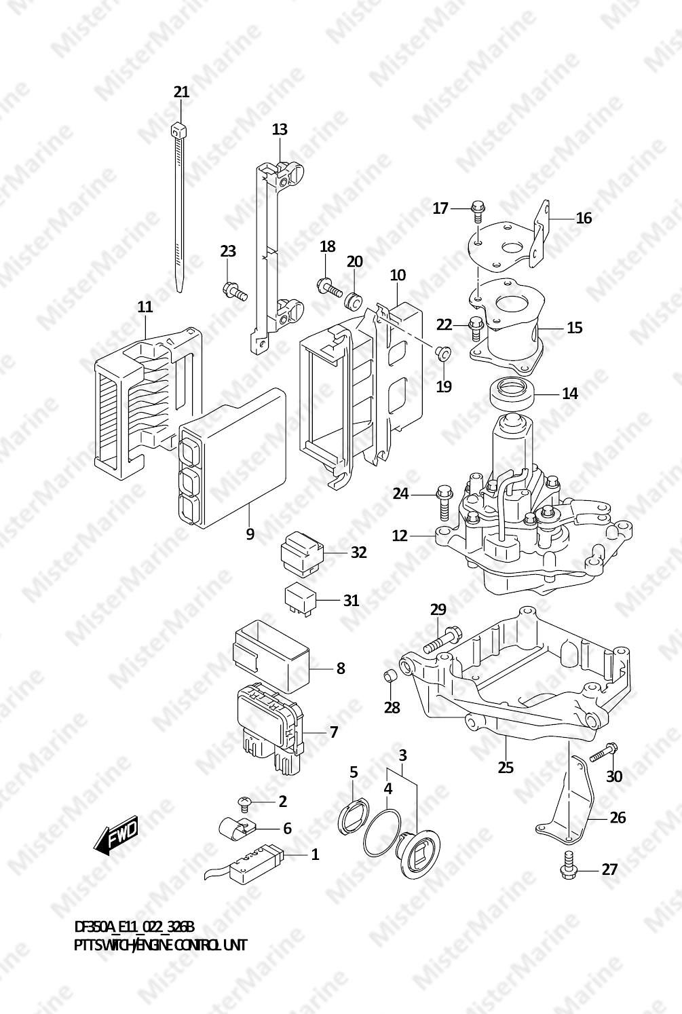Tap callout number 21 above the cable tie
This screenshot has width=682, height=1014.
pos(181,92)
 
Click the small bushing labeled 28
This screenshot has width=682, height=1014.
pos(390,676)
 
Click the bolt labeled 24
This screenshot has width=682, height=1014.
pos(445,498)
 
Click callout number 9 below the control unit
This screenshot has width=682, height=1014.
pos(250,534)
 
